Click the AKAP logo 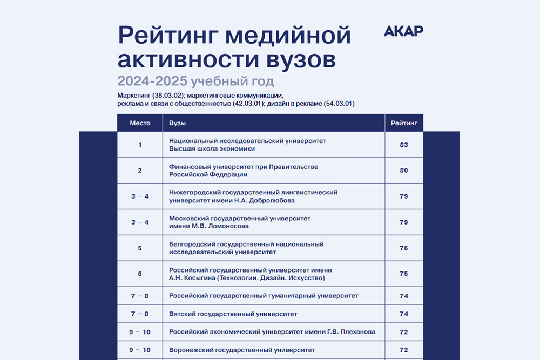point(403,31)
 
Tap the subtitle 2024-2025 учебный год point(195,81)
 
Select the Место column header point(140,123)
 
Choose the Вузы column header point(178,123)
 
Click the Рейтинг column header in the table point(403,123)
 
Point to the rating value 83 point(403,145)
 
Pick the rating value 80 point(403,171)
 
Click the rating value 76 point(403,248)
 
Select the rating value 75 point(403,274)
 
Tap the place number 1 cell point(140,145)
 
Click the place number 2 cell point(140,171)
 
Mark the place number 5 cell point(140,248)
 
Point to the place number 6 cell point(140,274)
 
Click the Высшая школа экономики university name point(212,148)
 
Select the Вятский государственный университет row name point(233,314)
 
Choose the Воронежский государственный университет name point(242,350)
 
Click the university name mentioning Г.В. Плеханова point(272,331)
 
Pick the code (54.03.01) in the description point(339,103)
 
